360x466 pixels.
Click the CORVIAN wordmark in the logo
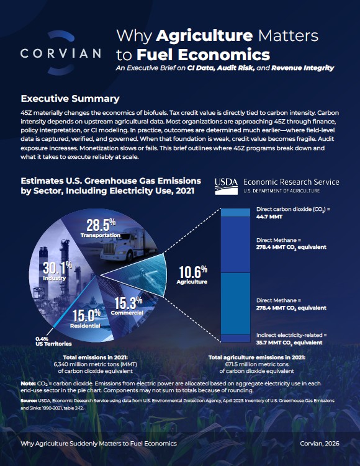[61, 53]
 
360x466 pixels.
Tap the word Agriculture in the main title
[204, 35]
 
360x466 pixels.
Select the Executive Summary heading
[70, 99]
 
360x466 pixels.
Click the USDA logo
[226, 186]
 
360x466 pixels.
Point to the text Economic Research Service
[291, 182]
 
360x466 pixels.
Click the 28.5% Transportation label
[101, 228]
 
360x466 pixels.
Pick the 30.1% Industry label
[57, 271]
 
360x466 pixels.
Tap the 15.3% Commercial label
[127, 306]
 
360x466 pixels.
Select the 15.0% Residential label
[86, 318]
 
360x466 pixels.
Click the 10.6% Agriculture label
[192, 275]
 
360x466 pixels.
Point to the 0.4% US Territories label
[53, 341]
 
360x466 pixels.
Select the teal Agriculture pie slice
[140, 274]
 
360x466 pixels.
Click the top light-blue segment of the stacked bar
[235, 212]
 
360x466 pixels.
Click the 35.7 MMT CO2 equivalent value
[289, 343]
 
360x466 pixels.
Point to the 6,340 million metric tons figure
[96, 364]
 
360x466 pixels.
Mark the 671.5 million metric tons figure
[257, 364]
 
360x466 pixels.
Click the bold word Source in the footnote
[29, 401]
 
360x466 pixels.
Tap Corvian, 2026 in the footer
[320, 444]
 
